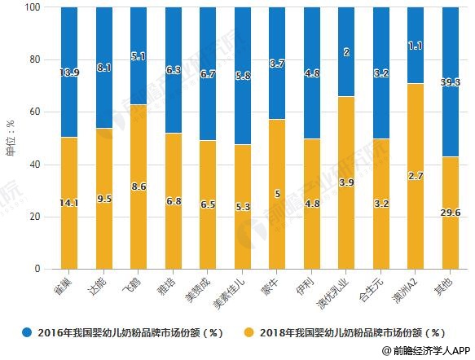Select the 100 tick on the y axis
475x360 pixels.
click(x=33, y=7)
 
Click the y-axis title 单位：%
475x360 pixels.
click(x=11, y=138)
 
